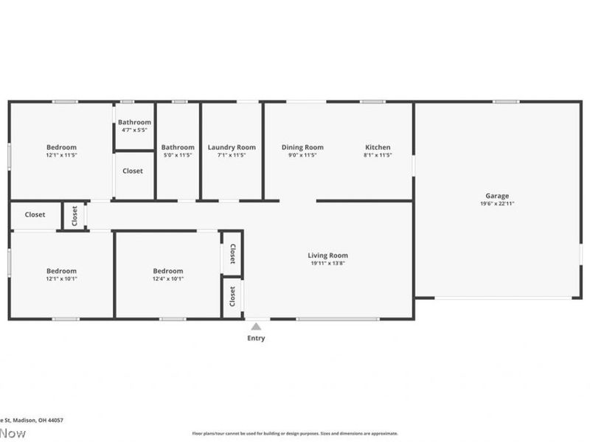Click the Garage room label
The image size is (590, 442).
pos(496,196)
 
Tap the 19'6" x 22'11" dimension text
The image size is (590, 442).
pos(496,204)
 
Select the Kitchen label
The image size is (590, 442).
pos(378,147)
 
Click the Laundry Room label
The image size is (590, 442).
pos(232,147)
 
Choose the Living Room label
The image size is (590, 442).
pos(327,256)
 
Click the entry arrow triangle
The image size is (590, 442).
pos(256,326)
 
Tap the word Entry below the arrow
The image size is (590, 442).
pos(256,339)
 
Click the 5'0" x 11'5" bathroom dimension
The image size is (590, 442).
pos(178,155)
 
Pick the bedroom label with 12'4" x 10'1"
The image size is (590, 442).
pos(168,271)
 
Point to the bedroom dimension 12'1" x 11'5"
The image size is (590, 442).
pos(61,155)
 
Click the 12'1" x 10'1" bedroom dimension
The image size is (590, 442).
pos(61,278)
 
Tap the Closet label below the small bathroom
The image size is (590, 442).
pos(133,171)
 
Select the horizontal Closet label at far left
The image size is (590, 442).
pos(35,215)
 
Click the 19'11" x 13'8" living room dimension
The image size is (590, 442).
pos(327,264)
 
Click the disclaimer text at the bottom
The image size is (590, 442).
pos(295,433)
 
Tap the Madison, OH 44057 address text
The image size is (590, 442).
pos(37,420)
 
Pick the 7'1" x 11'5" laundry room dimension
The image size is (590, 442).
pos(232,155)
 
